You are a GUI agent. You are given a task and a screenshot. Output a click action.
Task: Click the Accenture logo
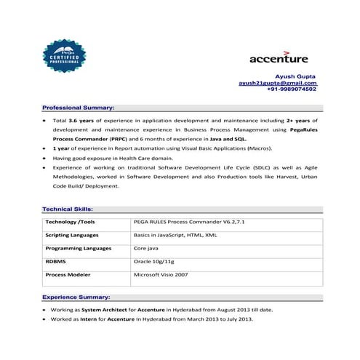[279, 57]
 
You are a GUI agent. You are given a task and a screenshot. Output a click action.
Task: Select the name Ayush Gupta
[295, 76]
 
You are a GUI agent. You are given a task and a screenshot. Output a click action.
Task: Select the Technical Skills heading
[68, 209]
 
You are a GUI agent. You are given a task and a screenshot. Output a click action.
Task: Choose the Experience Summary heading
[76, 297]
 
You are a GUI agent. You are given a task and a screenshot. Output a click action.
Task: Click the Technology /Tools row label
[70, 222]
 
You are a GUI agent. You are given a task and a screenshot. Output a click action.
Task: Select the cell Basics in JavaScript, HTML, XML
[175, 235]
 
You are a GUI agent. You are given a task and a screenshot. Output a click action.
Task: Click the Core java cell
[147, 248]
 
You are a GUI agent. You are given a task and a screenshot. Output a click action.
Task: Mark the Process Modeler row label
[67, 275]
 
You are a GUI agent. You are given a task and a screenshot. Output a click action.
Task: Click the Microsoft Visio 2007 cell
[160, 275]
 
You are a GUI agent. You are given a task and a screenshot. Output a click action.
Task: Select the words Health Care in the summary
[132, 157]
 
